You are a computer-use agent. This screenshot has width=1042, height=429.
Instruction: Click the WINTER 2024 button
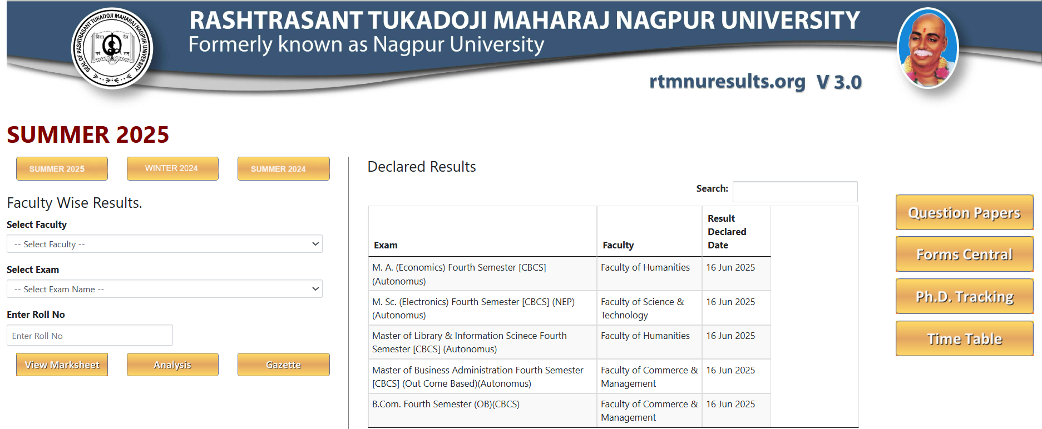tap(172, 168)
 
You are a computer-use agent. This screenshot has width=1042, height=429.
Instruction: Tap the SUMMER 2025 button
tap(62, 168)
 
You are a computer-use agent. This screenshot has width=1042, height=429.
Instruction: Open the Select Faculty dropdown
tap(164, 244)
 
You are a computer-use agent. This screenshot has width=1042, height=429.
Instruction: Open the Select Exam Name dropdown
tap(164, 289)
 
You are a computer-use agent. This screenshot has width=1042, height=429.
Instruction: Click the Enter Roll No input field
tap(90, 336)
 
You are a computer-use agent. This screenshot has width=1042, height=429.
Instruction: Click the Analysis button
tap(172, 365)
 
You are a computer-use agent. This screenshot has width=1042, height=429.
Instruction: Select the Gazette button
tap(283, 365)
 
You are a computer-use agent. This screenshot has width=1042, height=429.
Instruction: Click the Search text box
tap(794, 191)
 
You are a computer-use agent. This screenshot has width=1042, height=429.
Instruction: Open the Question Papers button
tap(964, 212)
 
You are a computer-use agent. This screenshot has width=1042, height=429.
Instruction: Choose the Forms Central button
tap(964, 254)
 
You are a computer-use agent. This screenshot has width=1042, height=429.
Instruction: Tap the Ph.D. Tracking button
tap(964, 296)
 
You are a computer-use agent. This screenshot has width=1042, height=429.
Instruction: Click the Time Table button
tap(964, 338)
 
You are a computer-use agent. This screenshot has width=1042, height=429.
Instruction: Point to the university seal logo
tap(112, 49)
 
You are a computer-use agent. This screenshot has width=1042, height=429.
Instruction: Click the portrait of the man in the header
tap(927, 48)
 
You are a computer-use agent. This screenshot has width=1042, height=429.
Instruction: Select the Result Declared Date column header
tap(727, 232)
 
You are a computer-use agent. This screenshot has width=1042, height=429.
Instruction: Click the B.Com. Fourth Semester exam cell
tap(446, 405)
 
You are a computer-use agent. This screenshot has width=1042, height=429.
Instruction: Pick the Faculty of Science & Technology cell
tap(642, 308)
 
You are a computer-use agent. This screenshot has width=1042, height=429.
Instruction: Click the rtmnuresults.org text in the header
tap(727, 82)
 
